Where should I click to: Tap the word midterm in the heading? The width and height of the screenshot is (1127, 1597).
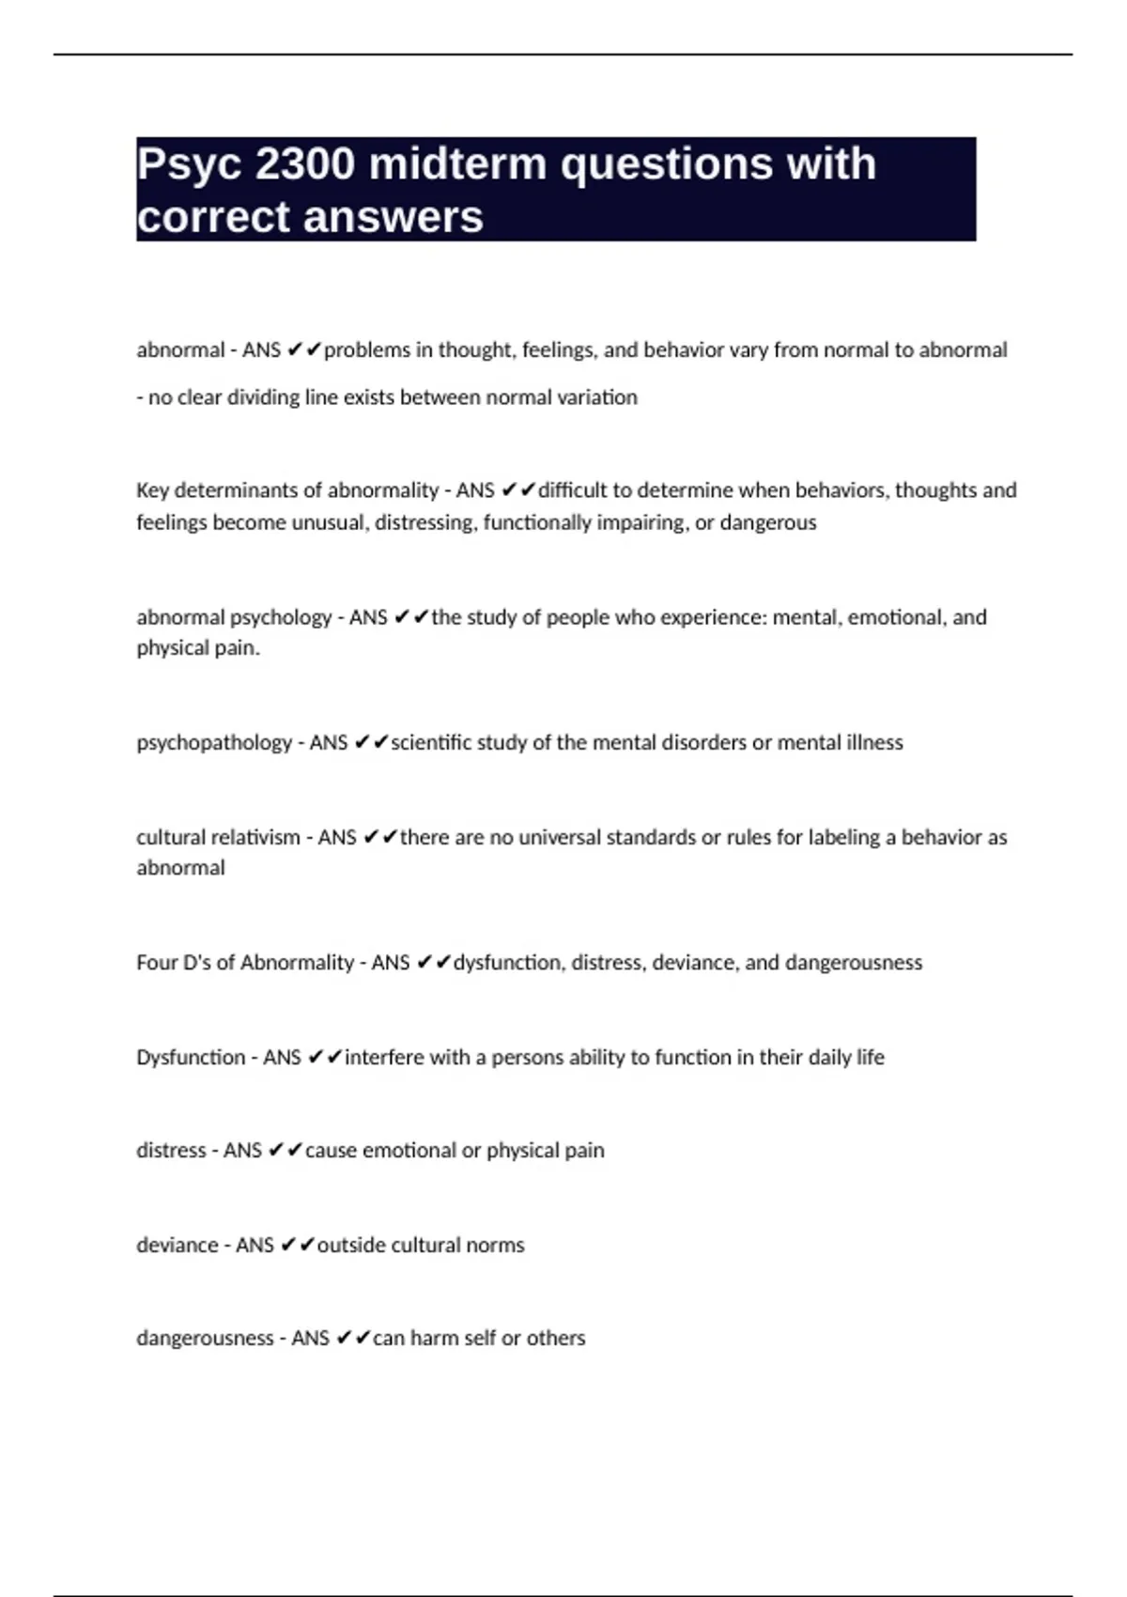click(458, 164)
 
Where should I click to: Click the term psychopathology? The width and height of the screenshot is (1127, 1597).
click(214, 743)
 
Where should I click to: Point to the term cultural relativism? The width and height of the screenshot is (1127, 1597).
click(218, 837)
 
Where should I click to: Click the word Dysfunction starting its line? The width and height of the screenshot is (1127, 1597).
click(191, 1057)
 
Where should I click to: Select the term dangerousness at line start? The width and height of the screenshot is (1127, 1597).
click(205, 1338)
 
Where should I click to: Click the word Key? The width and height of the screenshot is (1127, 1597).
click(152, 490)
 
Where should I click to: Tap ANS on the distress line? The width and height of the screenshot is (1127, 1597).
click(242, 1150)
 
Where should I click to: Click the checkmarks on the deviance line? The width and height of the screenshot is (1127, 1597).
click(298, 1245)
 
